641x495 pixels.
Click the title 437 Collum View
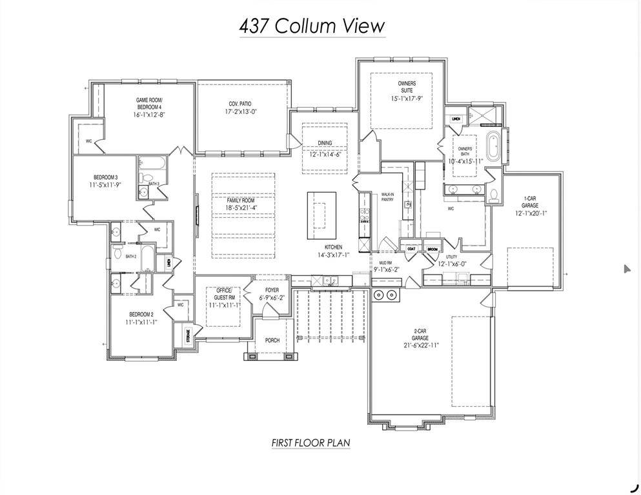(x=312, y=26)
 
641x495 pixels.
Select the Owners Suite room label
(x=407, y=87)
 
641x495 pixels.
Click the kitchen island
(x=321, y=210)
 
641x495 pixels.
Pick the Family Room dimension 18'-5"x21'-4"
(x=241, y=208)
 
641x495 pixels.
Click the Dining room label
(x=325, y=143)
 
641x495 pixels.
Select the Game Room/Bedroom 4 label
(x=149, y=103)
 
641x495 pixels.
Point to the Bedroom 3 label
(x=105, y=177)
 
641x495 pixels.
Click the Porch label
(x=272, y=340)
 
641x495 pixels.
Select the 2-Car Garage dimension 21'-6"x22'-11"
(x=419, y=345)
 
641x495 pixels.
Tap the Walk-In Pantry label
(x=387, y=197)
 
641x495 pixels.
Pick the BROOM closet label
(x=432, y=248)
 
